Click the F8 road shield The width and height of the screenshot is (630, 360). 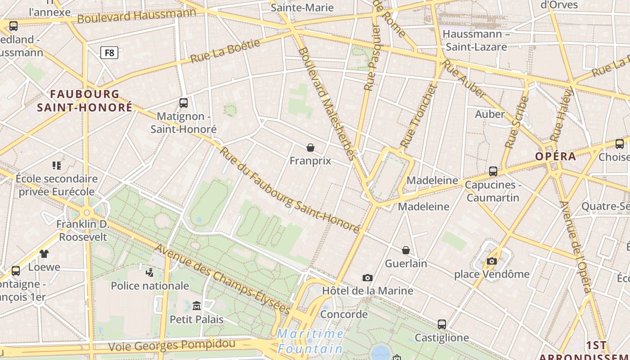109,53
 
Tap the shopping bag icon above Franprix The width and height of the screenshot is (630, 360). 310,147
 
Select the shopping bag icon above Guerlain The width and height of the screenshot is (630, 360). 406,250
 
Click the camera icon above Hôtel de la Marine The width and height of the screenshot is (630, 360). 368,278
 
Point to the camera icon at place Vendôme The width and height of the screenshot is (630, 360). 491,261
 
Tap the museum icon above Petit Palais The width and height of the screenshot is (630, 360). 196,306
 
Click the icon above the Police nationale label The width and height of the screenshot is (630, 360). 150,272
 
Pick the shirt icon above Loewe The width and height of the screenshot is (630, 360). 44,254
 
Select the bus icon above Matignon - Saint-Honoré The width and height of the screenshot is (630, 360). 183,103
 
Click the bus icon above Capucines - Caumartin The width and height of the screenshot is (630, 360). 493,171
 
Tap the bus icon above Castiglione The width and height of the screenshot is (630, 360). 442,324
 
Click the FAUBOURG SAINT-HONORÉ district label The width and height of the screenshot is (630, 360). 85,101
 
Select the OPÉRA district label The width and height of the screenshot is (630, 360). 555,156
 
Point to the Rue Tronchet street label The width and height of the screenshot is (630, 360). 418,116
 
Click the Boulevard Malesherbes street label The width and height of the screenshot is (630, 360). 327,103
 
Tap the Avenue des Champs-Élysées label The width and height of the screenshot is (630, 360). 222,279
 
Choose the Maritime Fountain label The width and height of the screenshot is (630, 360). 310,341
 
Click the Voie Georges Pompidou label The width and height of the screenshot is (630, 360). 171,345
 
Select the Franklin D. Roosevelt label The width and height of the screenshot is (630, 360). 83,230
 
